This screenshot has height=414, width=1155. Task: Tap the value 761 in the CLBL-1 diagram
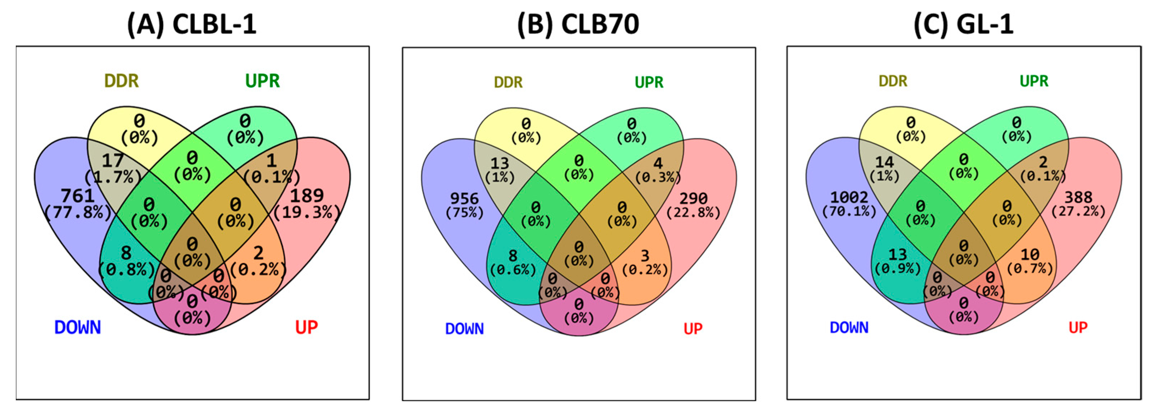78,195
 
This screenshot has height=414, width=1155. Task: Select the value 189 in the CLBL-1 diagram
307,195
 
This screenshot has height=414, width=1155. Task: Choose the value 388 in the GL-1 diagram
1079,197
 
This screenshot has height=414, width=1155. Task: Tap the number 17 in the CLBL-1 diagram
112,161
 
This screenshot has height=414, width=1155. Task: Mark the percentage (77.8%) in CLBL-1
78,212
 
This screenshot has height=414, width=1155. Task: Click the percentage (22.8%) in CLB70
693,213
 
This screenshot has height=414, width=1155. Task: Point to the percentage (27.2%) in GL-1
1079,211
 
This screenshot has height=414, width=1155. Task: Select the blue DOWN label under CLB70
464,329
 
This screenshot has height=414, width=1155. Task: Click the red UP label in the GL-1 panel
1078,327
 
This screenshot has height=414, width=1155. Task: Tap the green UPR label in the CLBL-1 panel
262,81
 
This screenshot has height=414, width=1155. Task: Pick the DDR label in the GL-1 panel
893,81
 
